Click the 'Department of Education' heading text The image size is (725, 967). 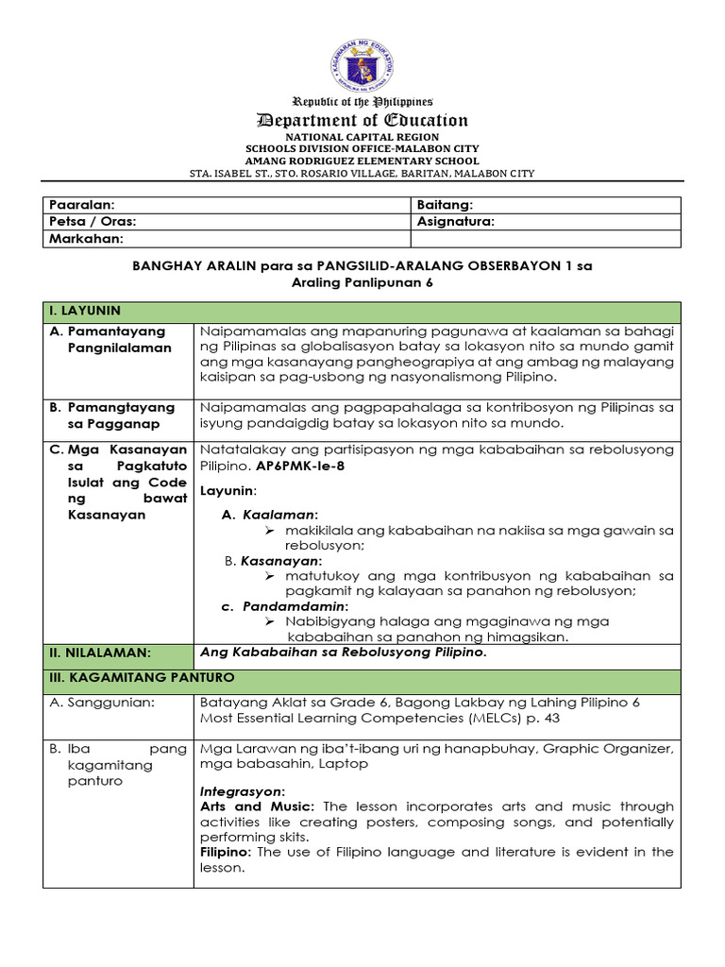(x=362, y=120)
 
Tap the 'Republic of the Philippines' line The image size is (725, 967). (x=362, y=101)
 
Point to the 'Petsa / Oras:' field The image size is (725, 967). (x=93, y=222)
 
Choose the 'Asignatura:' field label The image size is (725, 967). (x=455, y=222)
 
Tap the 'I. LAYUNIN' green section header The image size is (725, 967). (x=84, y=311)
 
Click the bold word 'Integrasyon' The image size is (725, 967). (x=243, y=789)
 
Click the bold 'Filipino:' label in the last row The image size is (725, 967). (x=227, y=852)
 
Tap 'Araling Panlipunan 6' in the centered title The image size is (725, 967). (x=362, y=283)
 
